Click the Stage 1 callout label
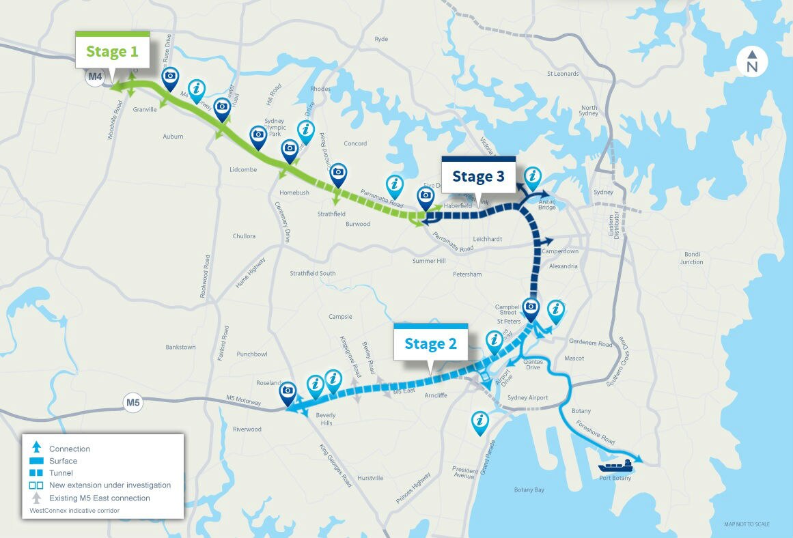tap(112, 51)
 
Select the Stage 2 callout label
tap(430, 343)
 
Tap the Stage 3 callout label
tap(478, 176)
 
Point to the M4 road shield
tap(95, 76)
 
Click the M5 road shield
tap(133, 402)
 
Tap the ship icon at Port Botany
tap(615, 466)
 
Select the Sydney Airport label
tap(528, 397)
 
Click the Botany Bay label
tap(529, 490)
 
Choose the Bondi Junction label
tap(691, 258)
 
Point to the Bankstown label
tap(180, 347)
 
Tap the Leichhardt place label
tap(488, 239)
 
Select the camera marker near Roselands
tap(288, 391)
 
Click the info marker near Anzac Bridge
tap(532, 175)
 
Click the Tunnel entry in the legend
tap(61, 472)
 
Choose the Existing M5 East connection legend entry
tap(99, 498)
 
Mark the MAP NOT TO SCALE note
tap(747, 524)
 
